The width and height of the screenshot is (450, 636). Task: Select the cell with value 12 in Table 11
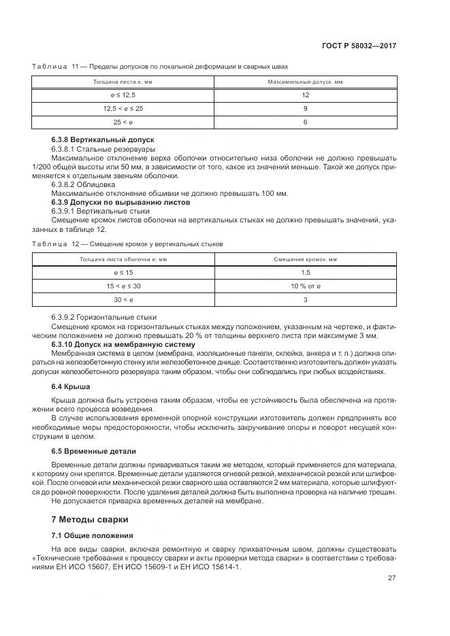[x=306, y=95]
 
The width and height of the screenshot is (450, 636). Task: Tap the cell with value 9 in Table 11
[x=306, y=108]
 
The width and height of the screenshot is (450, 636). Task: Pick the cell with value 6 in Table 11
[x=306, y=122]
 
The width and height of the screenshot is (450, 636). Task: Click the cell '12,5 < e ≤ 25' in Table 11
[x=123, y=108]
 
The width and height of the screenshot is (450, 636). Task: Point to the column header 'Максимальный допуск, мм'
[x=306, y=82]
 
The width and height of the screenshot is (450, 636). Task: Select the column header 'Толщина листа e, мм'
[x=123, y=82]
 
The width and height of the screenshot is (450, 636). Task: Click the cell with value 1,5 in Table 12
[x=306, y=272]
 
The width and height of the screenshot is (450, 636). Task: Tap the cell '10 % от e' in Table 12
[x=306, y=286]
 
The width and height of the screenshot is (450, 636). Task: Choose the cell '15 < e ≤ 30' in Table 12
[x=123, y=286]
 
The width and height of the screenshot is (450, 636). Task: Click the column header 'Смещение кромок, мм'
[x=306, y=259]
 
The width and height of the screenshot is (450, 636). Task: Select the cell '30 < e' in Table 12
[x=123, y=299]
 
